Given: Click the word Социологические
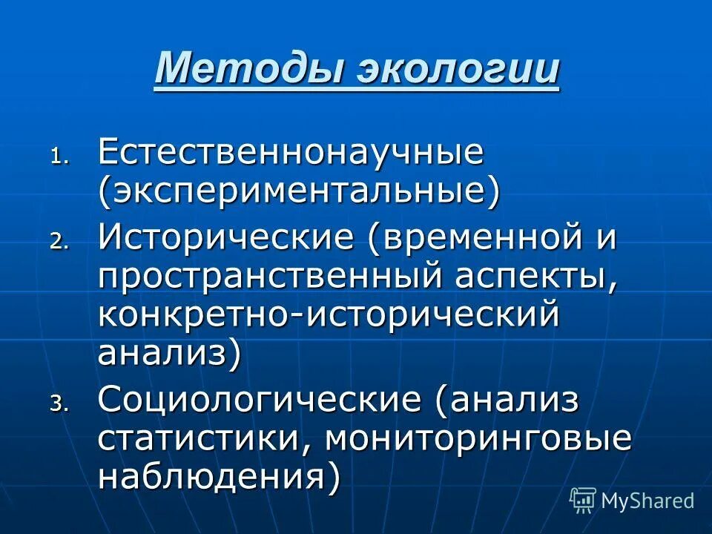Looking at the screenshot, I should click(260, 401).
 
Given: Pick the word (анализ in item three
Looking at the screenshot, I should click(507, 401).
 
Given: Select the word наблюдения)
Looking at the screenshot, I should click(220, 474).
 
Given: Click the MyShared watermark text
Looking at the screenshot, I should click(647, 501).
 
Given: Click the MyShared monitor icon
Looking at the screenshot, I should click(583, 500).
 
